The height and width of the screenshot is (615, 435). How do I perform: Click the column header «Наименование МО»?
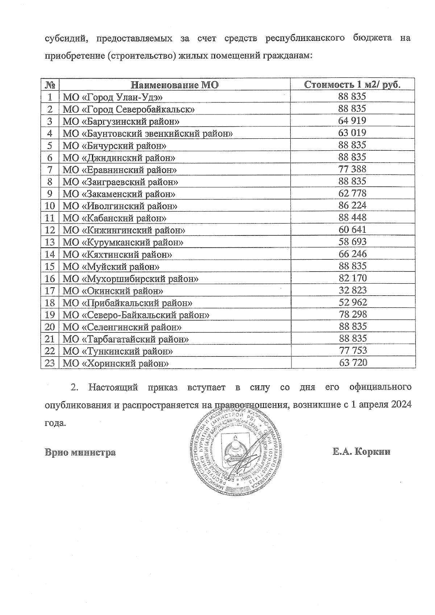(x=175, y=85)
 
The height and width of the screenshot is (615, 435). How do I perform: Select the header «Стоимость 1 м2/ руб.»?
(x=352, y=85)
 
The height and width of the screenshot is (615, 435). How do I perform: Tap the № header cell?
(x=50, y=85)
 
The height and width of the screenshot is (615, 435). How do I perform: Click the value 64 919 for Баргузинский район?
(x=352, y=121)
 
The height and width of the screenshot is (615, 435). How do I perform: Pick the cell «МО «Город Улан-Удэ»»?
(x=112, y=97)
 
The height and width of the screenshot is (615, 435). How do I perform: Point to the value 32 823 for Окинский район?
(x=352, y=290)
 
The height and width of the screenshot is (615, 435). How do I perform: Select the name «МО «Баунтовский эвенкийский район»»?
(x=148, y=134)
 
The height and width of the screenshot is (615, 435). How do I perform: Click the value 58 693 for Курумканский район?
(x=352, y=242)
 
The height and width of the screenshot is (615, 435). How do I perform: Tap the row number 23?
(x=50, y=363)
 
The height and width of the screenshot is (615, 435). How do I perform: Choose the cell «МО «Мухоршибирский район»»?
(x=130, y=279)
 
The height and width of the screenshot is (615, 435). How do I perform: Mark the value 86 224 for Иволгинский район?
(x=352, y=205)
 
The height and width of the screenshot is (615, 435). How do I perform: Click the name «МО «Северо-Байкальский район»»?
(x=136, y=315)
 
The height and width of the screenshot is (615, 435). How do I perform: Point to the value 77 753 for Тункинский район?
(x=352, y=350)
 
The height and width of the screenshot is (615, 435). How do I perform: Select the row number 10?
(x=50, y=206)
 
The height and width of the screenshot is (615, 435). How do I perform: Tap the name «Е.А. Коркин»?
(x=361, y=452)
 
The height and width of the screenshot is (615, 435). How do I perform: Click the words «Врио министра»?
(x=80, y=452)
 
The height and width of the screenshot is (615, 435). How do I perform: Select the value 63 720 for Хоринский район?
(x=352, y=362)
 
